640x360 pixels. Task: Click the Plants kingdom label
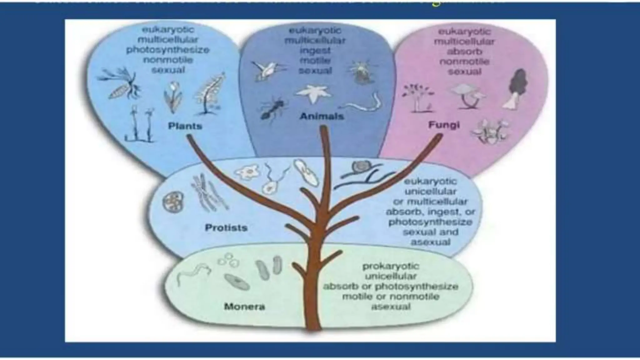pyautogui.click(x=185, y=126)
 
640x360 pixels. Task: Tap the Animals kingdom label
pyautogui.click(x=322, y=116)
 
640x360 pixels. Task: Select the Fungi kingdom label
pyautogui.click(x=444, y=125)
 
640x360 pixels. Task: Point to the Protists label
pyautogui.click(x=226, y=227)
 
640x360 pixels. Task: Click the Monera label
pyautogui.click(x=244, y=307)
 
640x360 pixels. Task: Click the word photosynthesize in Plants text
pyautogui.click(x=168, y=50)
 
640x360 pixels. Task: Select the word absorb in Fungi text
pyautogui.click(x=464, y=52)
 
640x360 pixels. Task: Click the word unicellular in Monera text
pyautogui.click(x=391, y=276)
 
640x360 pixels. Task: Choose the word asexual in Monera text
pyautogui.click(x=391, y=307)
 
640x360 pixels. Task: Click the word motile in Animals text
pyautogui.click(x=315, y=61)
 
